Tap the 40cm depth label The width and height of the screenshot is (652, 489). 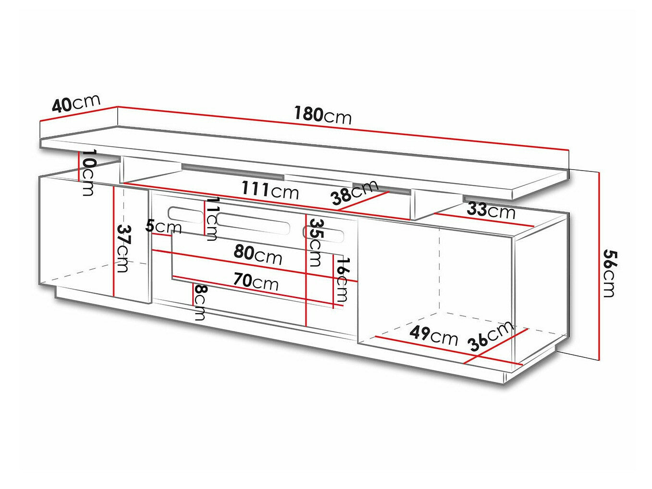coord(76,103)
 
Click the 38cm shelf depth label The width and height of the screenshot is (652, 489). coord(355,193)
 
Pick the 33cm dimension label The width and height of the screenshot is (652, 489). coord(491,210)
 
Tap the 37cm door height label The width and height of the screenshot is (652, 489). coord(122,248)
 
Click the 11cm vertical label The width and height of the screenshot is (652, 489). coord(212,219)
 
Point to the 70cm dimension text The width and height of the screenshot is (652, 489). coord(256,281)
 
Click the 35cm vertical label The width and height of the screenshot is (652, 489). coord(316,242)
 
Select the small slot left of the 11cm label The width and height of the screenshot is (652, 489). coord(185,215)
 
